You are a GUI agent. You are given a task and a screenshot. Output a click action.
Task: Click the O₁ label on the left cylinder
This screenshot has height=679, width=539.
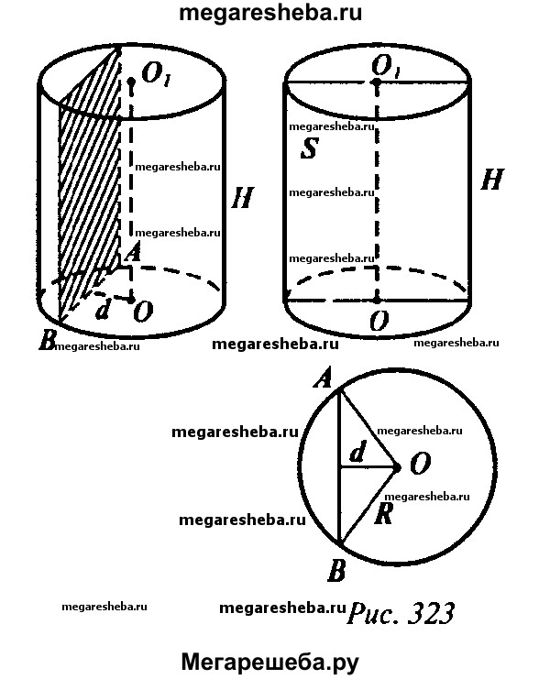pos(155,74)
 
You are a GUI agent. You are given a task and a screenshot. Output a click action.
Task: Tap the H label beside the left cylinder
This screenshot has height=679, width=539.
pos(242,198)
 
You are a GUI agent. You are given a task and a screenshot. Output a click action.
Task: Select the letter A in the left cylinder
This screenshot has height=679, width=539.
pos(133,252)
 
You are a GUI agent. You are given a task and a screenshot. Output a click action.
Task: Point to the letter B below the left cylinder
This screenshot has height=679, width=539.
pos(48,340)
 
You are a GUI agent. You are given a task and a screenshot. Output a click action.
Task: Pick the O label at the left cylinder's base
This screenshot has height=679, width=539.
pos(143,312)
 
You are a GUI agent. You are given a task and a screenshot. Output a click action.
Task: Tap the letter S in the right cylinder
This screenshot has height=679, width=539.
pos(309,148)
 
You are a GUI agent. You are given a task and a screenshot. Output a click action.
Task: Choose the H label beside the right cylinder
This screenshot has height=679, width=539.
pos(492,180)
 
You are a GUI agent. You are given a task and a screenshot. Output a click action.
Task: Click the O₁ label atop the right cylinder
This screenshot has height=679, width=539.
pos(386,67)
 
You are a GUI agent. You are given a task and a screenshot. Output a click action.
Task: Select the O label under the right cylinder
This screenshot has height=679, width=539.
pos(379,321)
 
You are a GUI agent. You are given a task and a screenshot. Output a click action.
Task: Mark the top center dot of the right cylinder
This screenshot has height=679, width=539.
pos(377,82)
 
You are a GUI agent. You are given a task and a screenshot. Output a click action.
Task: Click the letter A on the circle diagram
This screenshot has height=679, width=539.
pos(324,378)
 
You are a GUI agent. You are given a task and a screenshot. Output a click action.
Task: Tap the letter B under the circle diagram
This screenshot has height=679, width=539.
pos(336,570)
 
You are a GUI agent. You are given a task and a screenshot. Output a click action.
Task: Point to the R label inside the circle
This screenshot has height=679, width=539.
pos(383,514)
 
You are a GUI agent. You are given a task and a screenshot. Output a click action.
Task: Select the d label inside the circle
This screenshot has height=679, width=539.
pos(357,453)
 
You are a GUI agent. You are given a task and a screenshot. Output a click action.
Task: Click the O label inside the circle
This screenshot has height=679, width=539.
pos(420,464)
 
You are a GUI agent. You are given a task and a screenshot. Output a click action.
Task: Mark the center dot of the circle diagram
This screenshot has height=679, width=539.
pos(396,466)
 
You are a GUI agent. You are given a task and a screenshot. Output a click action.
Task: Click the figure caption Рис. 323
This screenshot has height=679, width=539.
pos(401,613)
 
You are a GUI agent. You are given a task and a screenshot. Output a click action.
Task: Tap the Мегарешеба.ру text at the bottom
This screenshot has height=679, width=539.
pos(269,663)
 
